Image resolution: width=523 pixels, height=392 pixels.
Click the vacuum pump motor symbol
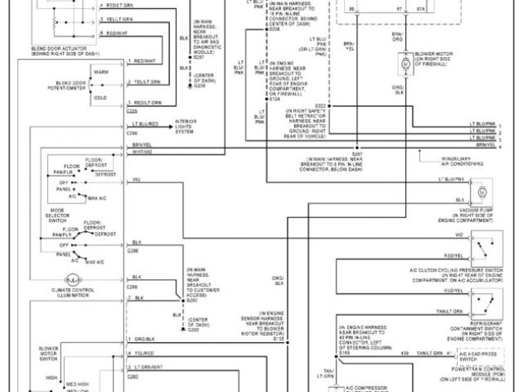(x=482, y=191)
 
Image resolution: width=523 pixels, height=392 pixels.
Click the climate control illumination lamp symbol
(x=72, y=278)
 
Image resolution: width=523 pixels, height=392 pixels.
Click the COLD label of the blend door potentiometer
(x=101, y=97)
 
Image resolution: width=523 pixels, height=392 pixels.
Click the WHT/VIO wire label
(x=142, y=151)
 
